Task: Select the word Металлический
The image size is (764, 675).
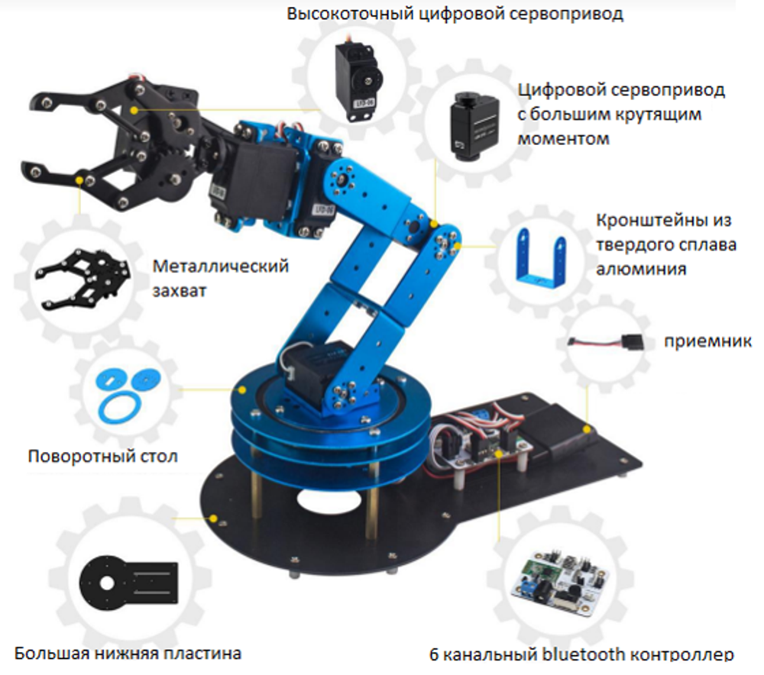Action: pyautogui.click(x=221, y=266)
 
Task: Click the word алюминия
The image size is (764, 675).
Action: pyautogui.click(x=641, y=270)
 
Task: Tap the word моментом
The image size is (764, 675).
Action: pyautogui.click(x=563, y=139)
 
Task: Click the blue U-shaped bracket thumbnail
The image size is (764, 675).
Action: pyautogui.click(x=541, y=257)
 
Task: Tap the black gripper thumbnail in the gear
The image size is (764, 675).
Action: pyautogui.click(x=83, y=279)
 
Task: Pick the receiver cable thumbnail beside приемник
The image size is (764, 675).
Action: pyautogui.click(x=607, y=341)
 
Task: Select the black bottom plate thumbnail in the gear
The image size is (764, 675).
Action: pyautogui.click(x=129, y=583)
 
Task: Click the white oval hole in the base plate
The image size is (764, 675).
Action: pyautogui.click(x=329, y=501)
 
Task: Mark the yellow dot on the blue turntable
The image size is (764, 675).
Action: pyautogui.click(x=242, y=389)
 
